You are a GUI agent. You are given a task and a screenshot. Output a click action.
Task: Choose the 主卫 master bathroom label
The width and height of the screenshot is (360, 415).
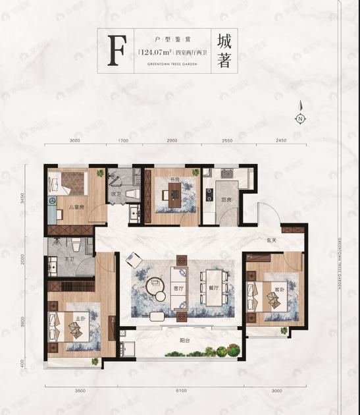[67, 260]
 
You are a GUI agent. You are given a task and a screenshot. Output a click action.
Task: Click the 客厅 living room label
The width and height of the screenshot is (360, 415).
[177, 289]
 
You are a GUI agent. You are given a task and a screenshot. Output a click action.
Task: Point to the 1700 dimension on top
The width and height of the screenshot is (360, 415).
[123, 141]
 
